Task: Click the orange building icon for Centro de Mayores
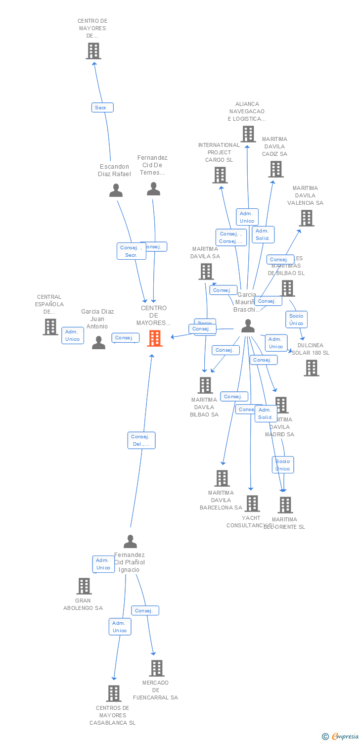coord(155,338)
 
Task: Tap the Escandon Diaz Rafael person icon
coord(116,190)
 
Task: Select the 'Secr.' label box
coord(102,107)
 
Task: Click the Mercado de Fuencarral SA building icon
coord(156,668)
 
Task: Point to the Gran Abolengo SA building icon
coord(84,586)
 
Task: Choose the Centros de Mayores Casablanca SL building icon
coord(114,694)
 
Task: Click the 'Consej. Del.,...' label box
coord(141,440)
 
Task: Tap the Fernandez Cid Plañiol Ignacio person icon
coord(130,542)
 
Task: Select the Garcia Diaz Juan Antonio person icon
coord(98,342)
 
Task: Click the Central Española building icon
coord(50,327)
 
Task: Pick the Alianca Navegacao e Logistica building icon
coord(248,134)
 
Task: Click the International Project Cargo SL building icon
coord(220,175)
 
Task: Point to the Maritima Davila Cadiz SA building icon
coord(275,169)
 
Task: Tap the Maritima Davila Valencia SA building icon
coord(306,218)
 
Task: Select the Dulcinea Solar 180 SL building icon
coord(311,368)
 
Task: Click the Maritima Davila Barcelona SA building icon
coord(222,478)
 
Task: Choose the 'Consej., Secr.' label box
coord(131,251)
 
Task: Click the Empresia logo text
coord(345,737)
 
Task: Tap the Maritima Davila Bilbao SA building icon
coord(205,385)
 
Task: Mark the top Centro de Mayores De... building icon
coord(93,51)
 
